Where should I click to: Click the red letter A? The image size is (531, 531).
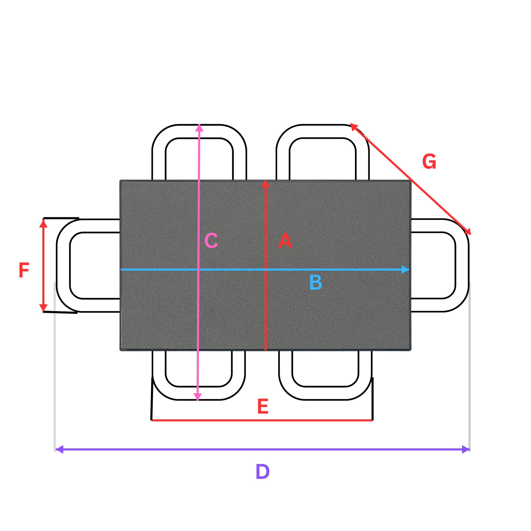tap(285, 240)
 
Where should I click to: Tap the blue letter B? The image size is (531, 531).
tap(315, 282)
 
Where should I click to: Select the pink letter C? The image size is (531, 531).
tap(211, 240)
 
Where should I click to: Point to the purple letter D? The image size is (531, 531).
tap(262, 472)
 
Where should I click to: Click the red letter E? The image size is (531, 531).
tap(263, 407)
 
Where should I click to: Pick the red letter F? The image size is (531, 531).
tap(24, 270)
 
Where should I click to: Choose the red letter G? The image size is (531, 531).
tap(429, 161)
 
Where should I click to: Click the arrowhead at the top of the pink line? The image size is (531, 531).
tap(199, 128)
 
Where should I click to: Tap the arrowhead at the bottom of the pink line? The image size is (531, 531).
tap(198, 396)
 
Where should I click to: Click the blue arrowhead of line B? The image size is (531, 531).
tap(405, 269)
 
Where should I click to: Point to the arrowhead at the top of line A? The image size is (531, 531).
tap(265, 184)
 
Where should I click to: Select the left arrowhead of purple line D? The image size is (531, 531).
tap(59, 449)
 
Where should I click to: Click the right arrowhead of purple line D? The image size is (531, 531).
tap(466, 449)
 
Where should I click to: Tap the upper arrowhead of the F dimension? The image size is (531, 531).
tap(43, 223)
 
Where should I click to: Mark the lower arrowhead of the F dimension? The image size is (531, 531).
tap(43, 308)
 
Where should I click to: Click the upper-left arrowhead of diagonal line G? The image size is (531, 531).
tap(353, 127)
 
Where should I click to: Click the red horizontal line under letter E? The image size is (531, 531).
tap(262, 420)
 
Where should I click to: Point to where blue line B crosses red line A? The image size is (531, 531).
tap(265, 270)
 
